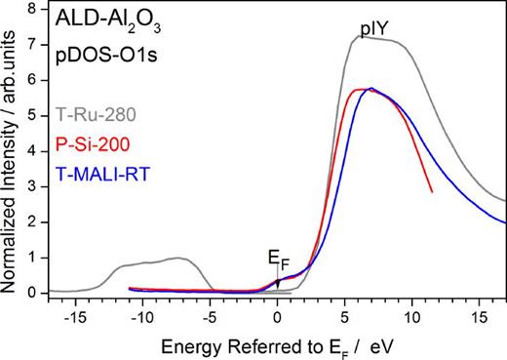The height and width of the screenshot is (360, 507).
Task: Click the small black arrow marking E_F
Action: (x=278, y=281)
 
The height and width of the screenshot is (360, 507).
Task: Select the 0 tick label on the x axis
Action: (x=278, y=316)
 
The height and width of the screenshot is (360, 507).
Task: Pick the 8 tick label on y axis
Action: (x=32, y=9)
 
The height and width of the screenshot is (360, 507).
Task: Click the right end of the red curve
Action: (x=432, y=191)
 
